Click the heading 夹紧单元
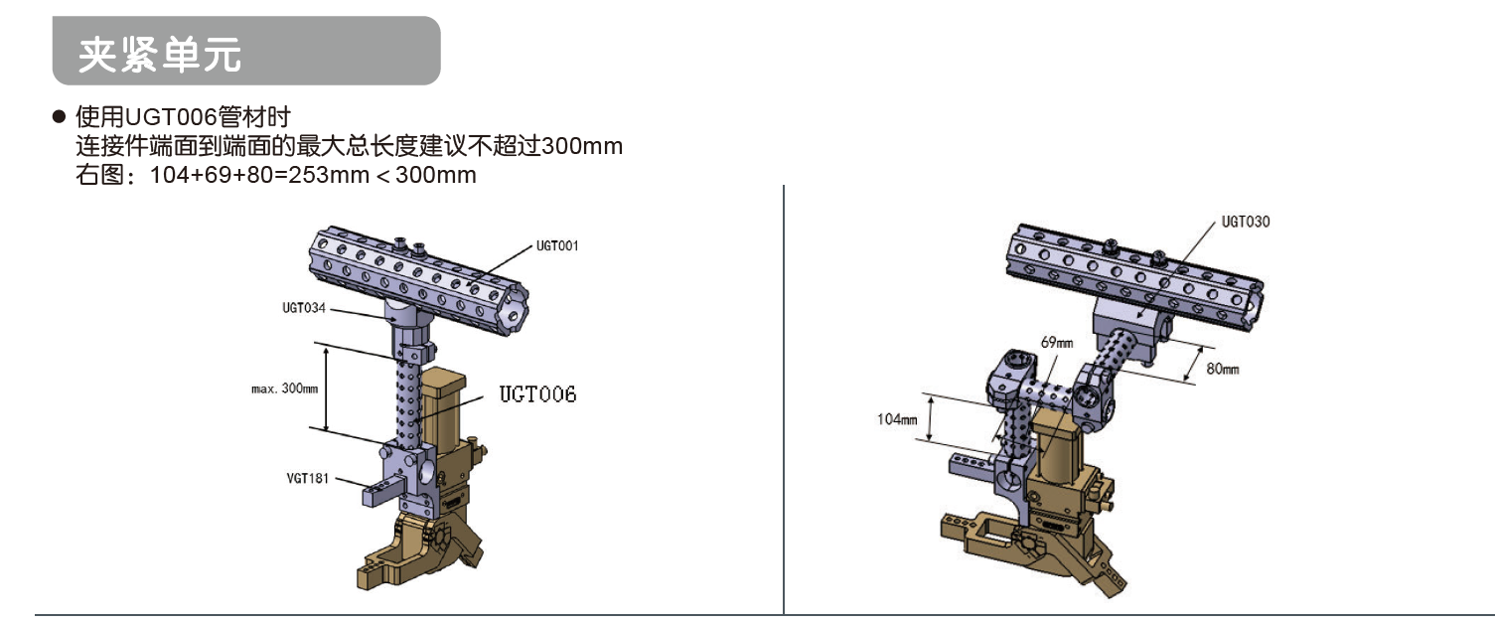click(x=160, y=55)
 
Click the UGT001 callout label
click(x=556, y=245)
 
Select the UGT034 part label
click(x=304, y=308)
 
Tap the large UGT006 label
click(x=537, y=394)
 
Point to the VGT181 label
click(x=307, y=478)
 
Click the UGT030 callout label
click(x=1245, y=222)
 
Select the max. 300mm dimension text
click(x=284, y=389)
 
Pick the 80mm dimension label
click(x=1223, y=370)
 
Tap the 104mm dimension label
click(x=897, y=419)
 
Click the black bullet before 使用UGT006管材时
click(x=59, y=117)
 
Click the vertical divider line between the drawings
click(x=784, y=397)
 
